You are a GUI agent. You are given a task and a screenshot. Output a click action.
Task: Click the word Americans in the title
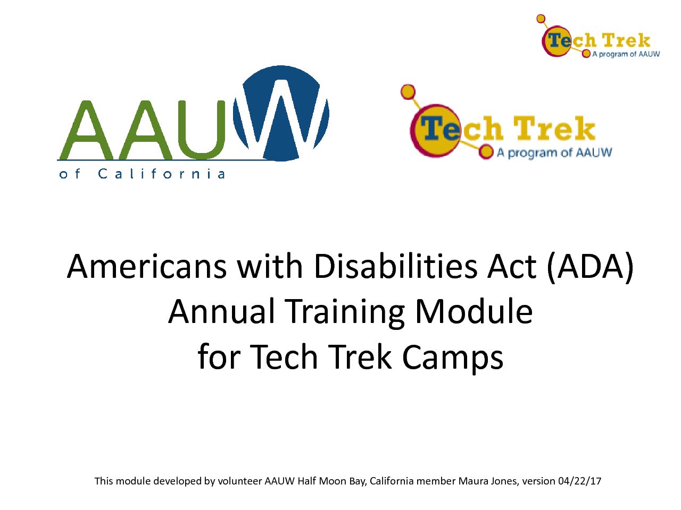(147, 267)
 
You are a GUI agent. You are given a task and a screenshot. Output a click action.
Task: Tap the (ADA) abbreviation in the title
(590, 267)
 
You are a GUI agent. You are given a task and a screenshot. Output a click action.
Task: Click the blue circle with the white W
(281, 113)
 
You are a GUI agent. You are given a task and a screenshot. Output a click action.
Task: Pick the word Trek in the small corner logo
(626, 40)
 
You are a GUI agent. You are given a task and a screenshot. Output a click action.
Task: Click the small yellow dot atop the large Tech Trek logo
(408, 92)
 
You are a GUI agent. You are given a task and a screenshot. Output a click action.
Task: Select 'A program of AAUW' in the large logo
(554, 152)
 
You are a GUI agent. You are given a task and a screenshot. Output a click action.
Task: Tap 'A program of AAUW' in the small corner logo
(626, 54)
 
